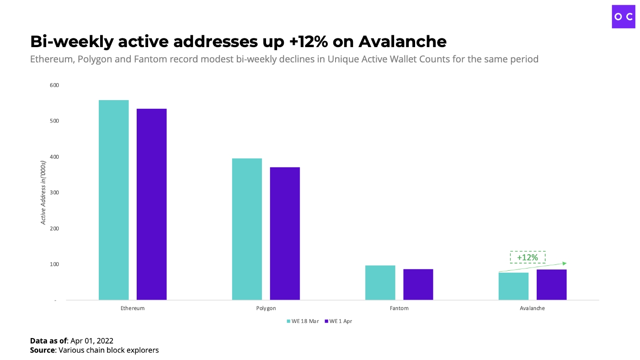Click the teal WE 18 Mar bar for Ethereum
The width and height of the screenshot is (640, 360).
click(113, 200)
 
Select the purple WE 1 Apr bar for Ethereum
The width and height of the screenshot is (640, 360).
click(151, 204)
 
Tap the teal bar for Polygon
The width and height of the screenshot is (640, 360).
click(247, 229)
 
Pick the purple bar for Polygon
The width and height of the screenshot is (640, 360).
click(285, 233)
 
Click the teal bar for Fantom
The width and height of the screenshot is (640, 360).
click(380, 283)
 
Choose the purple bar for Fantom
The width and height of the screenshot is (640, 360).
click(418, 285)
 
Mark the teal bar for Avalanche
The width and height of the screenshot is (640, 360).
click(513, 286)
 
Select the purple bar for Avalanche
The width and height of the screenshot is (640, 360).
click(551, 285)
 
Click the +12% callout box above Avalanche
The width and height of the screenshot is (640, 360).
click(528, 258)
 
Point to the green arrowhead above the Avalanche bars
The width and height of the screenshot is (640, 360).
click(565, 263)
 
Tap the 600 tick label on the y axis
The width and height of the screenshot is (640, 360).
click(54, 85)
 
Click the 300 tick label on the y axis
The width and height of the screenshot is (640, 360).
click(54, 193)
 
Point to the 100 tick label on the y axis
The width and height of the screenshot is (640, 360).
click(54, 264)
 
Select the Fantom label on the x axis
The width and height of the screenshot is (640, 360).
click(399, 308)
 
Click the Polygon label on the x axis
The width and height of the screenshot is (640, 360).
click(266, 308)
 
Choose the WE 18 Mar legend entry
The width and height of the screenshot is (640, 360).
click(302, 321)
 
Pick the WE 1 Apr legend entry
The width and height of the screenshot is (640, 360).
click(338, 321)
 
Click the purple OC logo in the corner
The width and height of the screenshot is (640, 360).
click(624, 17)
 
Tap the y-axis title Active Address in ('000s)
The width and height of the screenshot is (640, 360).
click(44, 193)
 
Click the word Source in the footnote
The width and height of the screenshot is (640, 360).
click(43, 350)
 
